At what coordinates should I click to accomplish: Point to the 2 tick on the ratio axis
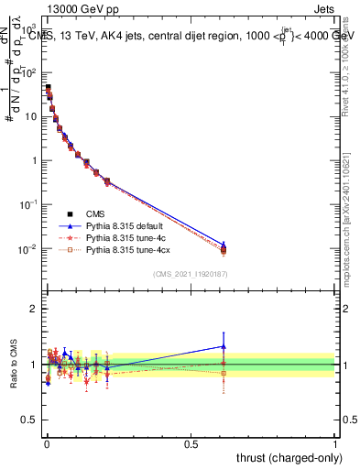[x=35, y=309]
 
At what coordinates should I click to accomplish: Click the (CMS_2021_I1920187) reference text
[x=191, y=274]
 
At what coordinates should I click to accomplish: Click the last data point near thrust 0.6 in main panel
[x=224, y=249]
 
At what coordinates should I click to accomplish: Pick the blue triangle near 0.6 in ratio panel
[x=224, y=346]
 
